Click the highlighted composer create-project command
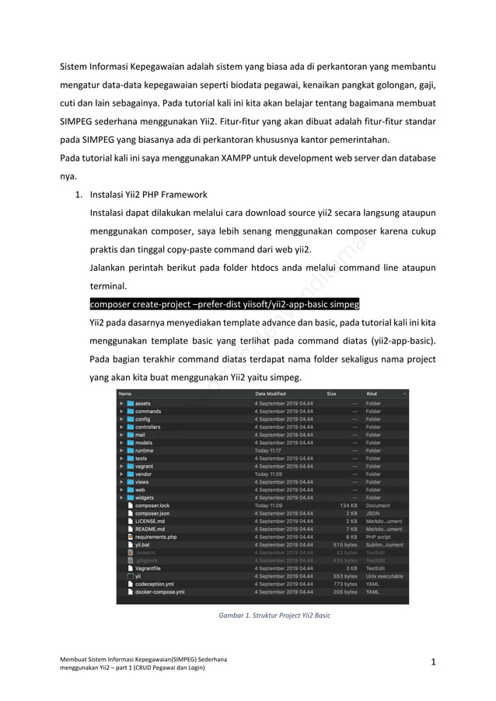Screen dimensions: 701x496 [225, 303]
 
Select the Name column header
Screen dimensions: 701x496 [125, 394]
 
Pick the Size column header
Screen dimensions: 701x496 [332, 394]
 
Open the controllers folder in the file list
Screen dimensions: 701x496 [148, 427]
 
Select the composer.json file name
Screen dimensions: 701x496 [152, 513]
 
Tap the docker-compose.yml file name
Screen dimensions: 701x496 [159, 592]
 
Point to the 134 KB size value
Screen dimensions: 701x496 [348, 505]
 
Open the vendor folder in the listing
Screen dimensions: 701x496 [144, 474]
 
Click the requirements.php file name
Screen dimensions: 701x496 [156, 536]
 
